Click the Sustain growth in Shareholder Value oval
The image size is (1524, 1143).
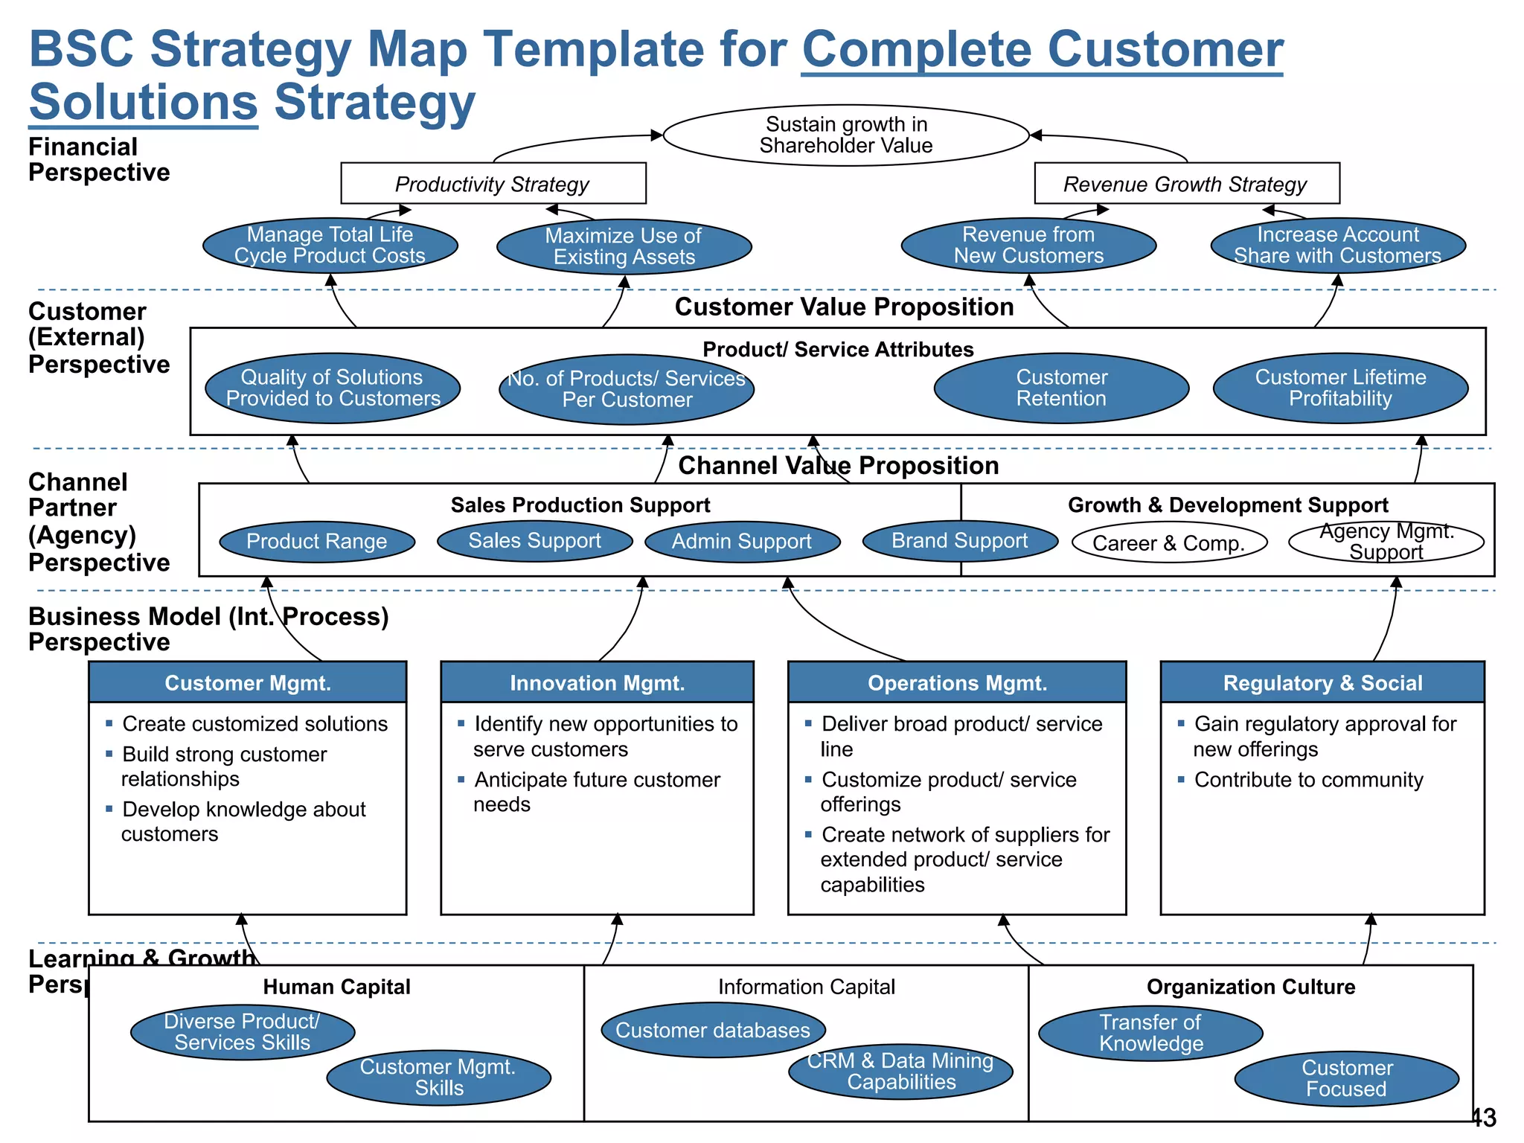click(846, 135)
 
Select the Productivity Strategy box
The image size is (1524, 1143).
click(493, 183)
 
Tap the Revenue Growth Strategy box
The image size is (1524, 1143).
click(1186, 183)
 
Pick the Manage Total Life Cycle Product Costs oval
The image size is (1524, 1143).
click(330, 246)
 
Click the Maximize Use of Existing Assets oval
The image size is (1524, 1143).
click(624, 246)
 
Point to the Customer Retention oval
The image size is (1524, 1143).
click(1061, 388)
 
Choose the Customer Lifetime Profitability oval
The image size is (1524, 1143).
click(1340, 388)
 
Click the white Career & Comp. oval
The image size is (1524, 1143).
click(1168, 542)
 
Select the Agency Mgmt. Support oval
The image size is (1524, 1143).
click(1386, 542)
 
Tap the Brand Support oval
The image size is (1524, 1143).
click(959, 540)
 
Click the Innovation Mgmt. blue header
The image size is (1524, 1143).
click(597, 682)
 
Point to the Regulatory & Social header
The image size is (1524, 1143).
click(1322, 682)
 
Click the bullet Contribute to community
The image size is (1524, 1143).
click(1308, 779)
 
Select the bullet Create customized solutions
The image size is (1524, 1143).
click(254, 723)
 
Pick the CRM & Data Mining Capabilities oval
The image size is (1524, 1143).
click(900, 1071)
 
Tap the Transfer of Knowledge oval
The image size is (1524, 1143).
click(1150, 1033)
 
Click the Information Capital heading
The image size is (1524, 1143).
click(806, 987)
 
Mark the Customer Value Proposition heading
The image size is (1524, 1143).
click(844, 307)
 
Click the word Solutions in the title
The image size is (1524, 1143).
click(144, 102)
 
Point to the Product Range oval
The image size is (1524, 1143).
click(317, 541)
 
